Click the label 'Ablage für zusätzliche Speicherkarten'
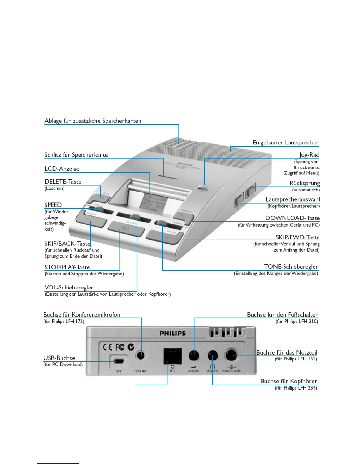click(93, 121)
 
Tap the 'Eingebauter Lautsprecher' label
click(286, 143)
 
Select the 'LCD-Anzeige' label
click(62, 169)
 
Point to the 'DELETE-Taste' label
click(63, 182)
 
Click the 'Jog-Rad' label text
click(309, 155)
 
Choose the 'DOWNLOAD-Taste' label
click(292, 218)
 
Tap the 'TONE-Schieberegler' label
click(291, 267)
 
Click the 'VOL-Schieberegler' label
click(69, 288)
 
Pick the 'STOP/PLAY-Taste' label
click(67, 267)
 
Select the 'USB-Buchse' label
click(59, 358)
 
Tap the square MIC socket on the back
click(172, 356)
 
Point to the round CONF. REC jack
click(141, 355)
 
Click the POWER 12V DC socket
click(231, 355)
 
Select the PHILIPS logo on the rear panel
click(173, 333)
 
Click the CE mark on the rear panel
click(107, 347)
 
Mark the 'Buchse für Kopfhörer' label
click(289, 381)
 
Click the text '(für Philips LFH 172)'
click(64, 322)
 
